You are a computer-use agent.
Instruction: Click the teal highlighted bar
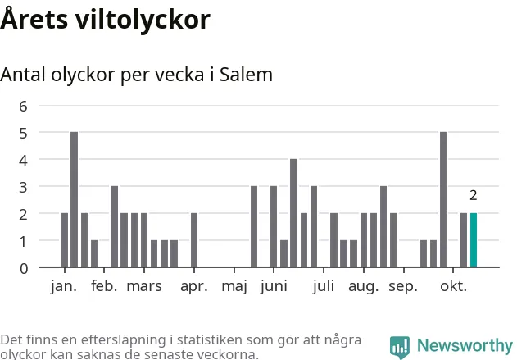474,240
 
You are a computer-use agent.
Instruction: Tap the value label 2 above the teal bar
474,195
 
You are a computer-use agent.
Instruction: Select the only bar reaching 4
293,213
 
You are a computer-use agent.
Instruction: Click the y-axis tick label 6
23,106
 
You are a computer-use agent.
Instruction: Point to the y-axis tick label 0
23,268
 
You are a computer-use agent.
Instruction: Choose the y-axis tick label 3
23,187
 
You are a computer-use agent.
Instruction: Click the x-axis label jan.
63,286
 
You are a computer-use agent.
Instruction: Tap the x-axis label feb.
104,286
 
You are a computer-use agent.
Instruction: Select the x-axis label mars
144,286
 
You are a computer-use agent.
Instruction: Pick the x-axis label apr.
193,286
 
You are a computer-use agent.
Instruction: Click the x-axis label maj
234,287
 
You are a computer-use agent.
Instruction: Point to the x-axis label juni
273,287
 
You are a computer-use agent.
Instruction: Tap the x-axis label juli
324,286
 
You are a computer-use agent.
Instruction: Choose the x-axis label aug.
363,287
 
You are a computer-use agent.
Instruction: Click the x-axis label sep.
402,287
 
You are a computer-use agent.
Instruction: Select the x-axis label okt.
453,286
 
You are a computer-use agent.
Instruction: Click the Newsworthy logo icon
400,346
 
